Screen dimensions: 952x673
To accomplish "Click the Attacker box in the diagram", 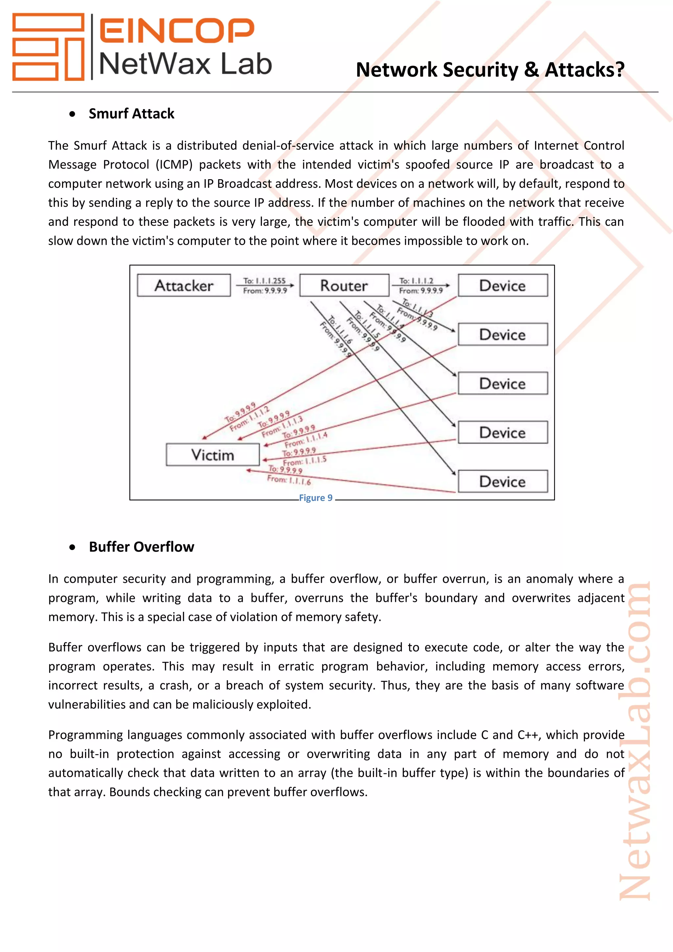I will pos(184,285).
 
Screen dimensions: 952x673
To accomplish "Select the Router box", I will pos(344,285).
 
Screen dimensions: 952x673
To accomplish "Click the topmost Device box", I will pos(503,285).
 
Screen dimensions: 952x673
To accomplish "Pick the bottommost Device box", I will pos(503,481).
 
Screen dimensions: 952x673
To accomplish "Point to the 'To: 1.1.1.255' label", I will pos(265,281).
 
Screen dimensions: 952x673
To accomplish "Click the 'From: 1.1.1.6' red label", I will pos(289,480).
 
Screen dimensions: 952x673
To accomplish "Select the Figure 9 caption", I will pos(316,498).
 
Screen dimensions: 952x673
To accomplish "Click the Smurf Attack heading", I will pos(131,114).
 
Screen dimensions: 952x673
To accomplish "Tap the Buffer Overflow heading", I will pos(141,547).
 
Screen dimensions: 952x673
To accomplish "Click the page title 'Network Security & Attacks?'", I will pos(490,69).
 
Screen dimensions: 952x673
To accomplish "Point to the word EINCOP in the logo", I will pos(177,30).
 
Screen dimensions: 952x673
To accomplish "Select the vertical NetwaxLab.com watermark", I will pos(635,742).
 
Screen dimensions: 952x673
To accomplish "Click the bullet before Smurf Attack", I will pos(73,114).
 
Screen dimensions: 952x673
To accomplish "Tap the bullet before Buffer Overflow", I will pos(73,547).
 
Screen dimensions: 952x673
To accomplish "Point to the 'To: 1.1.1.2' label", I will pos(416,281).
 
